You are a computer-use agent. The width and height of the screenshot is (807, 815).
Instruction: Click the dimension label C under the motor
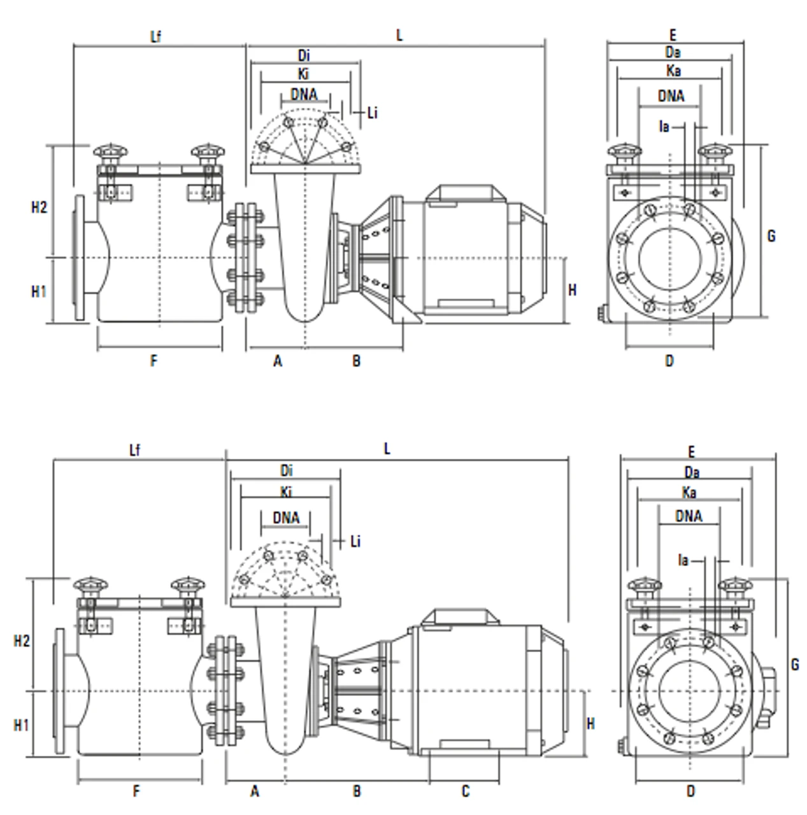[x=466, y=791]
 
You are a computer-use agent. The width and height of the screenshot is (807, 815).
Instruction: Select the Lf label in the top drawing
[x=155, y=36]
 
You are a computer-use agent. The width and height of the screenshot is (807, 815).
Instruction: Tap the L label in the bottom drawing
[x=387, y=450]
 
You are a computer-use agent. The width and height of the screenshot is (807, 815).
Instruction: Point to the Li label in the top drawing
[x=373, y=113]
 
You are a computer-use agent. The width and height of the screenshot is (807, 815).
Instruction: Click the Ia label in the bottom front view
[x=683, y=561]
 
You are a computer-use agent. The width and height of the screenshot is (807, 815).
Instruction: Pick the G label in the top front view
[x=771, y=236]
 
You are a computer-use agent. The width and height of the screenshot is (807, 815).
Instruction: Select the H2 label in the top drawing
[x=39, y=208]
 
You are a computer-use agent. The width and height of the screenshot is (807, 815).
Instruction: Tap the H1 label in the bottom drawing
[x=22, y=725]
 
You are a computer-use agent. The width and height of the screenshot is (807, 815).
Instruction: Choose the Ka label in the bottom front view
[x=689, y=493]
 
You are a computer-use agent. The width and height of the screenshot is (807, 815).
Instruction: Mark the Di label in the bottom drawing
[x=286, y=471]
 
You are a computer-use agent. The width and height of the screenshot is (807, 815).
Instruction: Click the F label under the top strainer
[x=154, y=361]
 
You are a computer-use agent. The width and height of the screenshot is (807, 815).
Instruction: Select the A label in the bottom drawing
[x=255, y=791]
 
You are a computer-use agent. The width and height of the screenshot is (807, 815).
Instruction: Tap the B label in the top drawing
[x=357, y=361]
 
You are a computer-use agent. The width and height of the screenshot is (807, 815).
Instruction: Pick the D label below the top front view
[x=669, y=361]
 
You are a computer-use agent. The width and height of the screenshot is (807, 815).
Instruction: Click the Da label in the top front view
[x=673, y=52]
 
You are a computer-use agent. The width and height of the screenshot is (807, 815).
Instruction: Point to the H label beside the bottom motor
[x=590, y=724]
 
